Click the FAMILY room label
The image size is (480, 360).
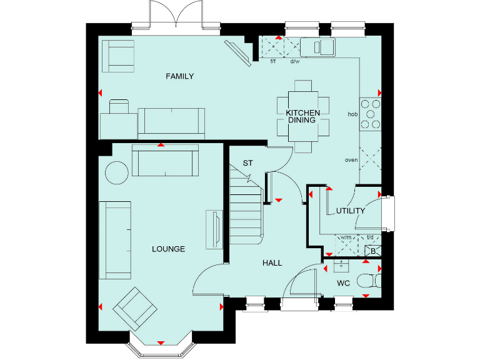(x=179, y=76)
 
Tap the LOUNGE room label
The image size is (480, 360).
(x=168, y=249)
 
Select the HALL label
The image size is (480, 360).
(x=272, y=263)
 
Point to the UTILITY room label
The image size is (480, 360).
(x=350, y=211)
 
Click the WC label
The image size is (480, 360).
(x=343, y=283)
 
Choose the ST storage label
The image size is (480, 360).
(x=247, y=163)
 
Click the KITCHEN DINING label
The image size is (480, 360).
(x=303, y=116)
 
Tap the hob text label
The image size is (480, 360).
(x=352, y=114)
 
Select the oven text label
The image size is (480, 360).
(x=351, y=160)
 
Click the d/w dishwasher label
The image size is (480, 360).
(x=294, y=61)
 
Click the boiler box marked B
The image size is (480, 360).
(x=372, y=251)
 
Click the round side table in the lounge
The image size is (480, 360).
(x=116, y=172)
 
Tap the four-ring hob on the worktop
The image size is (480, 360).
(x=370, y=114)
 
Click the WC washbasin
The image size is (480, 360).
(x=341, y=267)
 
